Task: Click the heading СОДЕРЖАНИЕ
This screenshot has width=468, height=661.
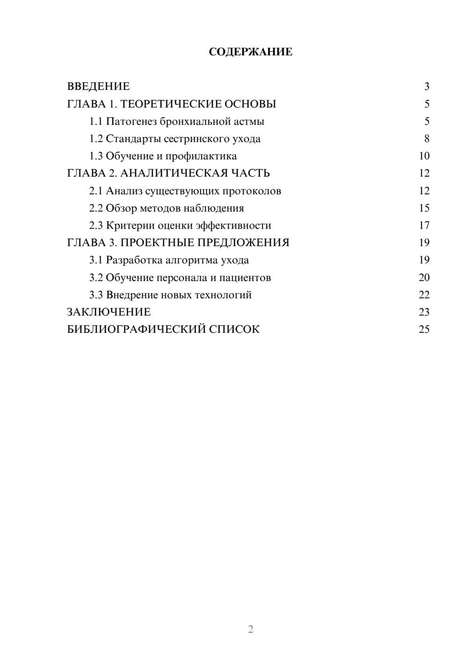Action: pyautogui.click(x=250, y=52)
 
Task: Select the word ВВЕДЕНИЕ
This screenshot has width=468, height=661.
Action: pyautogui.click(x=98, y=86)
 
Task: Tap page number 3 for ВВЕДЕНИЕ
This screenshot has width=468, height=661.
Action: pyautogui.click(x=426, y=86)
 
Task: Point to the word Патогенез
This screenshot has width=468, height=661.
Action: pyautogui.click(x=131, y=122)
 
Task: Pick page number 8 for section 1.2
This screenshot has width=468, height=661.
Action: pyautogui.click(x=426, y=139)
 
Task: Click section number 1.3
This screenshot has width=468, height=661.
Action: pyautogui.click(x=96, y=156)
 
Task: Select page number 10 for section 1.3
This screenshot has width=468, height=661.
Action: pyautogui.click(x=424, y=156)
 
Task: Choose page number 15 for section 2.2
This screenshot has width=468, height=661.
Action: pyautogui.click(x=424, y=208)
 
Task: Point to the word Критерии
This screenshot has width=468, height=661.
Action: pyautogui.click(x=130, y=225)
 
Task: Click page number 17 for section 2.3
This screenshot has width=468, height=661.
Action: pyautogui.click(x=424, y=225)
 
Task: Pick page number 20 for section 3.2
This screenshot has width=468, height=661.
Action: pyautogui.click(x=424, y=278)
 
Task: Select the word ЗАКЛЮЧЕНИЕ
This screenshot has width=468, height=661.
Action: pyautogui.click(x=109, y=312)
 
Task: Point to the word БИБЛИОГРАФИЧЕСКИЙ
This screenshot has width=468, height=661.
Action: pyautogui.click(x=136, y=330)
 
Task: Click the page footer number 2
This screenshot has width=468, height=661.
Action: pyautogui.click(x=250, y=629)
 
